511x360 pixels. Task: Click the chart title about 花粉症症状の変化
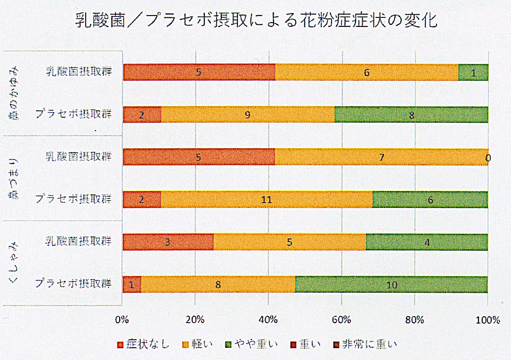coord(256,21)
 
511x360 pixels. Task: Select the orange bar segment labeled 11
coord(267,199)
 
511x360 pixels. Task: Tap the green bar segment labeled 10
coord(391,285)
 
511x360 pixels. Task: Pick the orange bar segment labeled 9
coord(248,115)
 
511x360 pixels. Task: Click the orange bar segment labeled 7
coord(381,157)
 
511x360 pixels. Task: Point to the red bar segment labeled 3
coord(168,242)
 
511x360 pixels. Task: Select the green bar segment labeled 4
coord(426,242)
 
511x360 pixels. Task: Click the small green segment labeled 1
coord(473,73)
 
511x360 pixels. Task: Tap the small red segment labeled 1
coord(131,285)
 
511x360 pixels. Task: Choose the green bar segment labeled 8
coord(411,115)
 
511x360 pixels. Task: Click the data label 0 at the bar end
coord(487,158)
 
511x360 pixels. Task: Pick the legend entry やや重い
coord(252,344)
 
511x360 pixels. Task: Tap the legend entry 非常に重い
coord(365,344)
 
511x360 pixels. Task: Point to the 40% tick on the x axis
coord(268,320)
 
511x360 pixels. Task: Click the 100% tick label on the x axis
coord(487,320)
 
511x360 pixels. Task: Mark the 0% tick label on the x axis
coord(122,320)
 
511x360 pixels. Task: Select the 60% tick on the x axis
coord(341,320)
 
